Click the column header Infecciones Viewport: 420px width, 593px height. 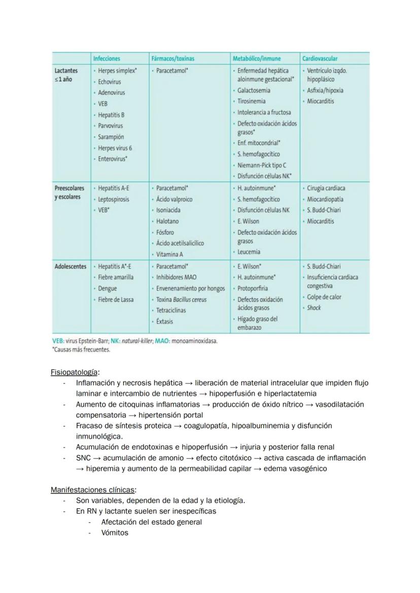click(107, 59)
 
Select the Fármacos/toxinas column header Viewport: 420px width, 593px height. click(172, 59)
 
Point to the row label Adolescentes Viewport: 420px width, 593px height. click(71, 266)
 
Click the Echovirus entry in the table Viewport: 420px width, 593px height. click(110, 82)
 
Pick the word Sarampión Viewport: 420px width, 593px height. click(111, 137)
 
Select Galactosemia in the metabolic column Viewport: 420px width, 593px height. click(254, 90)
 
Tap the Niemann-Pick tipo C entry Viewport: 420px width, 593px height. click(262, 165)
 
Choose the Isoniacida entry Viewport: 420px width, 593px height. click(168, 210)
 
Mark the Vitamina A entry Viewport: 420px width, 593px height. click(169, 254)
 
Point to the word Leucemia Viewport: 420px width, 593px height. click(249, 252)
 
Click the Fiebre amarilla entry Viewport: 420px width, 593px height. click(116, 277)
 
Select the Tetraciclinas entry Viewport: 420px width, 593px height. click(171, 310)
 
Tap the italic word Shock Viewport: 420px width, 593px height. click(314, 308)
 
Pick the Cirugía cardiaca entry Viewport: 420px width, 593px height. click(326, 188)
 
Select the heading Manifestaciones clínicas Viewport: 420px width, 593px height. click(93, 490)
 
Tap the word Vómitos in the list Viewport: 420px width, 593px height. click(115, 533)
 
